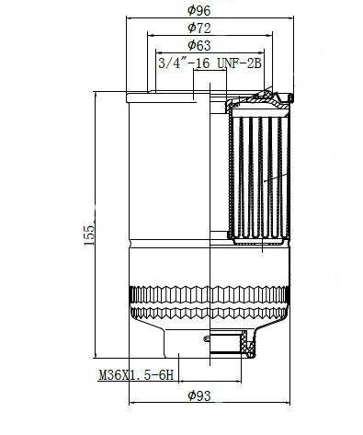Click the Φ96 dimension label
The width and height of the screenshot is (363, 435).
(199, 10)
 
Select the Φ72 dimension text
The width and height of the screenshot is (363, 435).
(199, 28)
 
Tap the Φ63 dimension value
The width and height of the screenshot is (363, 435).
(199, 45)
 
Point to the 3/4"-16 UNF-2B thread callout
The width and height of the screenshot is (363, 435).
(210, 63)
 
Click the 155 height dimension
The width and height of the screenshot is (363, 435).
(89, 235)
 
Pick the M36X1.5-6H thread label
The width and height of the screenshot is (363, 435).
(136, 374)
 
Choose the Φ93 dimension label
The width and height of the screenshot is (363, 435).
(199, 395)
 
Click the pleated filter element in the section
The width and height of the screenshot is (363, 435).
(260, 177)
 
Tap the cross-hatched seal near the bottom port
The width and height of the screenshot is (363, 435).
(246, 344)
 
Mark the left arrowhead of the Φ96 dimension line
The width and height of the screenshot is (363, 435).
(130, 17)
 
